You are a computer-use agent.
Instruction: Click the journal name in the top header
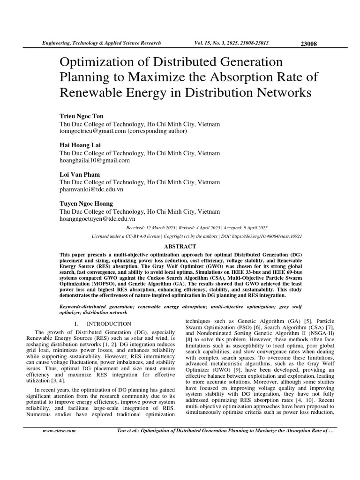(x=102, y=43)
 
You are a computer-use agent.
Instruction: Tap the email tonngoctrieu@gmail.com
(x=93, y=131)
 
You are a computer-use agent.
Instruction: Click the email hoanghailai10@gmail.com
(x=95, y=160)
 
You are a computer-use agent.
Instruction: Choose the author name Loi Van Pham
(x=80, y=174)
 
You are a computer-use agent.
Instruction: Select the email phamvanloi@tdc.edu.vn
(x=92, y=189)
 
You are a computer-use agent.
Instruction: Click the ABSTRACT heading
(x=179, y=247)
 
